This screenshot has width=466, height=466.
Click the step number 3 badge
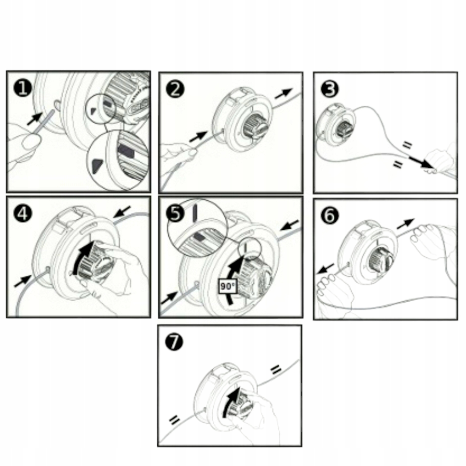(x=330, y=89)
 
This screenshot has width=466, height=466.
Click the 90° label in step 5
(x=227, y=286)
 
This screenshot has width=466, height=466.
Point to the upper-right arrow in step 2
(x=283, y=93)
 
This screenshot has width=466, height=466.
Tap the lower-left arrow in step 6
(x=325, y=269)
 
